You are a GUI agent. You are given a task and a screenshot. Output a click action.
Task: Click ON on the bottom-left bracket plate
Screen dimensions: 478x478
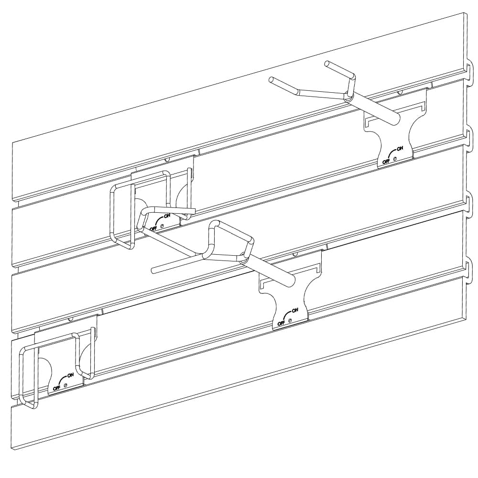pyautogui.click(x=71, y=374)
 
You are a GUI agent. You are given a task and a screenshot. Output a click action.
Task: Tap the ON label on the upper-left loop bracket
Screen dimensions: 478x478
pyautogui.click(x=167, y=216)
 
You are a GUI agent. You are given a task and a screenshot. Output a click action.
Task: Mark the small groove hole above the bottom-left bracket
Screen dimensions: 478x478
pyautogui.click(x=71, y=318)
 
